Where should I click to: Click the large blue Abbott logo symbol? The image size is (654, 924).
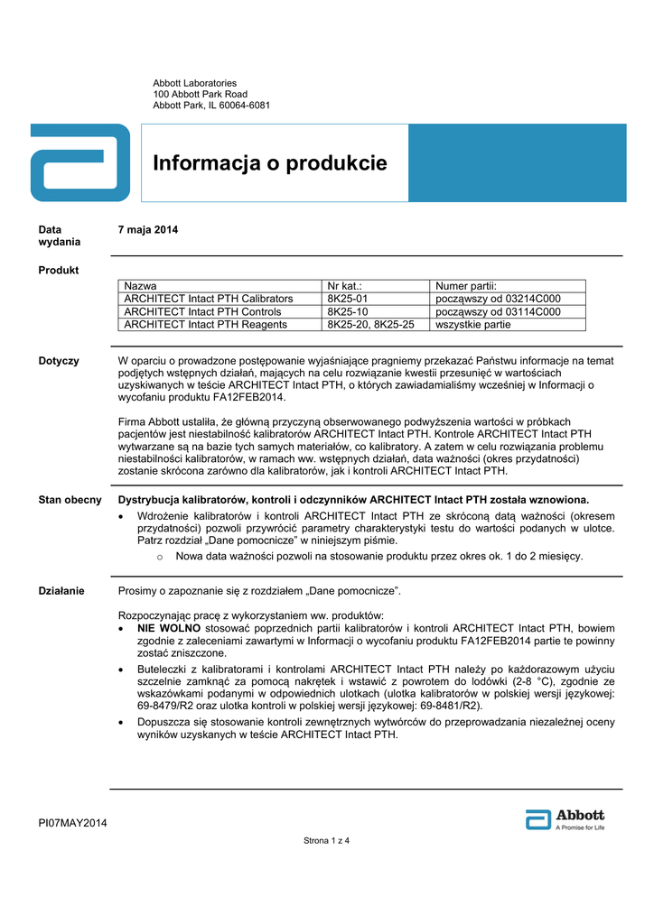80,162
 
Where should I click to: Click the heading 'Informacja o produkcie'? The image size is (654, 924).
269,163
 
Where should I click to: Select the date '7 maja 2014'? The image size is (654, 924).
148,230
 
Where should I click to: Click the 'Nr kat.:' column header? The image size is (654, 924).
344,285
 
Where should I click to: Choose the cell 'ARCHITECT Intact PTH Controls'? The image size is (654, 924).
202,312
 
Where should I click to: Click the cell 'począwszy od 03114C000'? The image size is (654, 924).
498,312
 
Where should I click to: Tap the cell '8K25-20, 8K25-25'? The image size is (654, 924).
370,325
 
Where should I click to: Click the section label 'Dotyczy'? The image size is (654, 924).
59,361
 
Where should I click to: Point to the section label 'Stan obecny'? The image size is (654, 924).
70,500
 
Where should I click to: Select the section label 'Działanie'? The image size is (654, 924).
61,591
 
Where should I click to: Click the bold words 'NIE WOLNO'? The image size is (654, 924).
163,627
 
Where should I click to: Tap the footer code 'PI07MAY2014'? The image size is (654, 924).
72,822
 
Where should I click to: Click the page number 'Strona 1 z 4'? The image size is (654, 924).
326,841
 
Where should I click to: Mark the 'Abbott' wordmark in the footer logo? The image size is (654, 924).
580,815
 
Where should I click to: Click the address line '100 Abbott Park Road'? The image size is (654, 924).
200,94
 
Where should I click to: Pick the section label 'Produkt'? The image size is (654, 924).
59,270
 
